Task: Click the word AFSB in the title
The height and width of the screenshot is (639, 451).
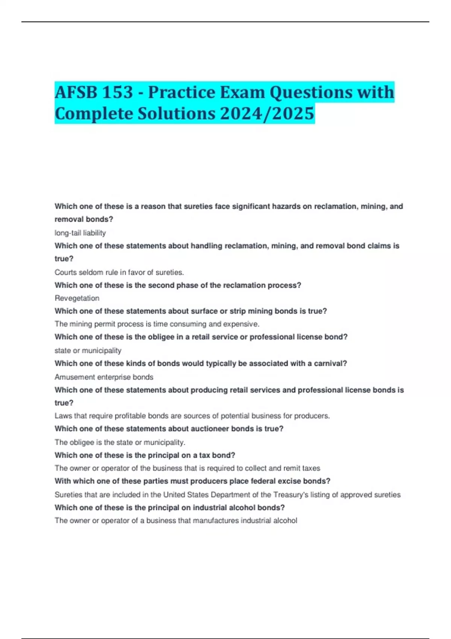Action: click(75, 92)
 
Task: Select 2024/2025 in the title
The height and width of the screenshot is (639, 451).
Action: click(267, 114)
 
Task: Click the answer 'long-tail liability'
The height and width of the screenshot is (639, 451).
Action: click(80, 233)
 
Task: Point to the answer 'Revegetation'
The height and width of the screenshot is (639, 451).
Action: click(77, 298)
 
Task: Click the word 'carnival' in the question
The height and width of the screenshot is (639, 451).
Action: click(331, 363)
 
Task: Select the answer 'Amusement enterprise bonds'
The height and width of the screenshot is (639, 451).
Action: click(104, 377)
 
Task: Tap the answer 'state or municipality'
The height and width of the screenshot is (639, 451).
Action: click(88, 350)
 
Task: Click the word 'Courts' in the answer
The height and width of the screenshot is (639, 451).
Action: click(65, 272)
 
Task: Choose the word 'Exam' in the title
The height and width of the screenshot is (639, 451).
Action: click(242, 92)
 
